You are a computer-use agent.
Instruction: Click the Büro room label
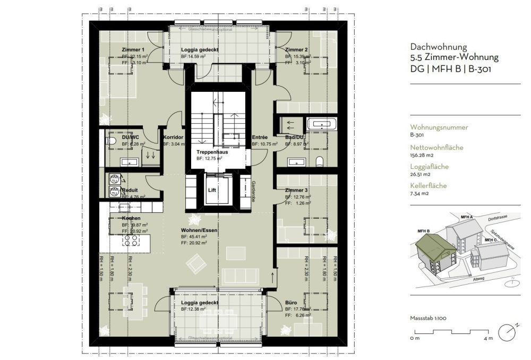tap(290, 302)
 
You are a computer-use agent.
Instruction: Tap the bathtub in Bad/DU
tap(323, 125)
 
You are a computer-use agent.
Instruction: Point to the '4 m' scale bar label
tap(487, 338)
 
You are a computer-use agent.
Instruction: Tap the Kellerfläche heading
tap(429, 186)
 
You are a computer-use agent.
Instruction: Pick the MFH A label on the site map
tap(466, 217)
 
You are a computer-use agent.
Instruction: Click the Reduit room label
tap(130, 190)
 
